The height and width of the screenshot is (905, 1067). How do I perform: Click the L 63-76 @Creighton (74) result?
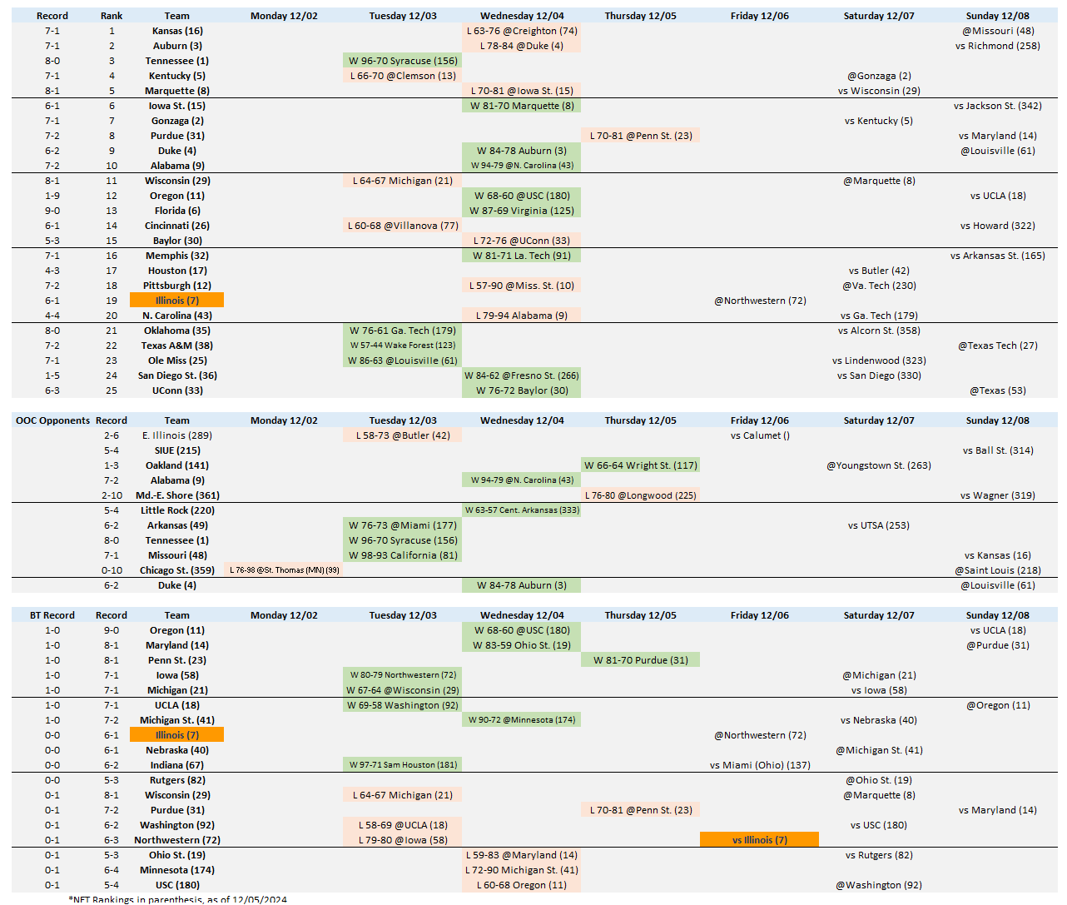521,31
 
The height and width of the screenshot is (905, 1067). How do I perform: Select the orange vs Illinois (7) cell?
759,840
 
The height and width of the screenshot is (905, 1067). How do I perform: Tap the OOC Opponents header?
52,420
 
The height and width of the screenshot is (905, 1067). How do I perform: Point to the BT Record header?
52,615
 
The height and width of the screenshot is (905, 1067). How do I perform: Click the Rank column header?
112,16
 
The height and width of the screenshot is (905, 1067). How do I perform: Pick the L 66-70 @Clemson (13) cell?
403,76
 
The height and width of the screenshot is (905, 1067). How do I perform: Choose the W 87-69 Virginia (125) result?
521,211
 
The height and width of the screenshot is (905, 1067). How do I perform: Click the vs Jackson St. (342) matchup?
997,106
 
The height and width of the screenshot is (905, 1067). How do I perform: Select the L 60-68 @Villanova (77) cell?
403,226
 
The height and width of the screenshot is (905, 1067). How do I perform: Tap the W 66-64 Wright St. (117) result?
640,465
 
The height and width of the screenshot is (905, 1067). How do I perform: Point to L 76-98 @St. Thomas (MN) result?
285,570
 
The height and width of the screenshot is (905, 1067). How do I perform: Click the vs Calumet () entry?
760,435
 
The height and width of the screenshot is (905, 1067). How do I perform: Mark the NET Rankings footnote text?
178,899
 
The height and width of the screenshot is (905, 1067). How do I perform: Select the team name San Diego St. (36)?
177,375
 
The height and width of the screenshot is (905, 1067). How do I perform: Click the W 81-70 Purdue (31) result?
640,660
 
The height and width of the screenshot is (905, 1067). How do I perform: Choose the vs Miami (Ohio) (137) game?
760,765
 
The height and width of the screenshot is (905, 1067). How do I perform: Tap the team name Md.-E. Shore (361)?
177,495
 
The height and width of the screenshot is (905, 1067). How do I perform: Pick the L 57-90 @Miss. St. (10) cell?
521,286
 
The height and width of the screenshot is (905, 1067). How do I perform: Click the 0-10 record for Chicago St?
112,570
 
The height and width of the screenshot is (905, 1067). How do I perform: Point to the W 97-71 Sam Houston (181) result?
403,765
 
